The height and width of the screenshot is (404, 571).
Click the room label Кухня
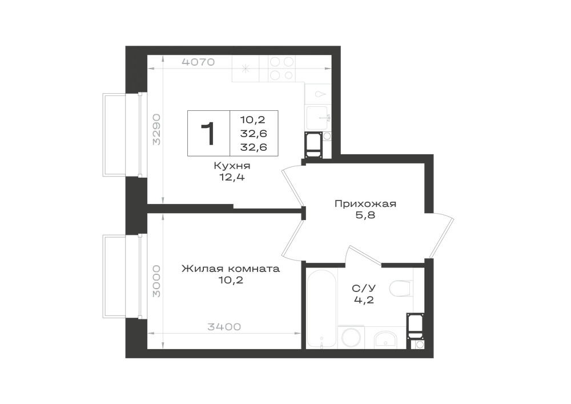[x=232, y=166]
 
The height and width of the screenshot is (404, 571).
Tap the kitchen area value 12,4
[x=232, y=177]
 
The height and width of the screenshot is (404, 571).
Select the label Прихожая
[x=365, y=203]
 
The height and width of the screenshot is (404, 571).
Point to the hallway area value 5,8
[x=365, y=215]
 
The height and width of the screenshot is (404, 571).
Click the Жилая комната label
[x=231, y=269]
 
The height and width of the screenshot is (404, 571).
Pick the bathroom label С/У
[x=364, y=289]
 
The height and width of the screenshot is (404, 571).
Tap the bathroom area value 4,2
[x=364, y=300]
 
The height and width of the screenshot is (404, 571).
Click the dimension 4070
[x=198, y=62]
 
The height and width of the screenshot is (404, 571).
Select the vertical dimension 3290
[x=156, y=129]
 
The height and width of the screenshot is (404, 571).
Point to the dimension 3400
[x=224, y=327]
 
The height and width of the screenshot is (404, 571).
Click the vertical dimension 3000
[x=156, y=281]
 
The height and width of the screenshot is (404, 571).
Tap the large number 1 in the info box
[x=208, y=134]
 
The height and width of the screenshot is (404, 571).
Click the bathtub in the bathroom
[x=321, y=309]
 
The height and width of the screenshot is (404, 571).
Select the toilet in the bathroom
[x=401, y=288]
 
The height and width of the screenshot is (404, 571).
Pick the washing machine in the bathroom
[x=351, y=337]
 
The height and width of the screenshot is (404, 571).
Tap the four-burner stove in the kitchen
[x=282, y=69]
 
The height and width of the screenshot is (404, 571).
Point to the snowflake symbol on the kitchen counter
[x=246, y=68]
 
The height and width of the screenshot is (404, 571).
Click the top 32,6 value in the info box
[x=254, y=134]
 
